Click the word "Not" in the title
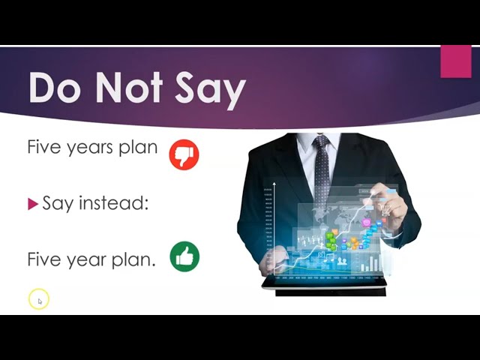click(x=129, y=88)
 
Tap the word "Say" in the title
click(x=210, y=91)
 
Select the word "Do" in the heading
click(x=52, y=88)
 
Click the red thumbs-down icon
click(x=184, y=154)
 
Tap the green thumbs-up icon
click(x=184, y=256)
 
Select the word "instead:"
click(x=113, y=202)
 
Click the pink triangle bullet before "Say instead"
click(x=33, y=204)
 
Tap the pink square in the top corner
click(x=456, y=61)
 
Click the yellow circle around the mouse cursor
click(x=39, y=299)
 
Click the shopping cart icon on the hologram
click(x=385, y=210)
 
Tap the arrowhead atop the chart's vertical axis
click(x=274, y=184)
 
